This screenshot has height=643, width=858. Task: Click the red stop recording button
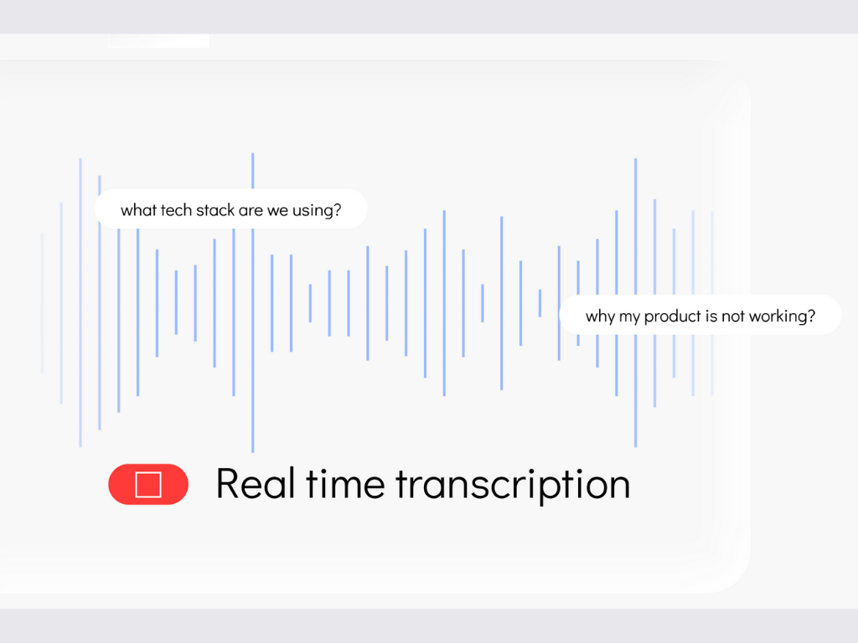(148, 485)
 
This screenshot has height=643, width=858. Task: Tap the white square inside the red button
(148, 485)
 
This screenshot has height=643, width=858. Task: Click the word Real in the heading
(256, 484)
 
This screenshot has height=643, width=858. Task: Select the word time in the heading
(345, 484)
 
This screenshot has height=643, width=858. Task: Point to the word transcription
(514, 486)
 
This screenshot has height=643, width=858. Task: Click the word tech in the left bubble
(176, 210)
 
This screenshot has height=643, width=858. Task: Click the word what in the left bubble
(138, 210)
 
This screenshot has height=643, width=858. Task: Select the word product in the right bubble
(673, 316)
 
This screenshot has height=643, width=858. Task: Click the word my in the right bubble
(629, 318)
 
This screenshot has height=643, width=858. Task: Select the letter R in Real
(227, 484)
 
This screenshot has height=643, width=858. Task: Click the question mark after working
(811, 316)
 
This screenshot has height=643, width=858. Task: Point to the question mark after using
(338, 210)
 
